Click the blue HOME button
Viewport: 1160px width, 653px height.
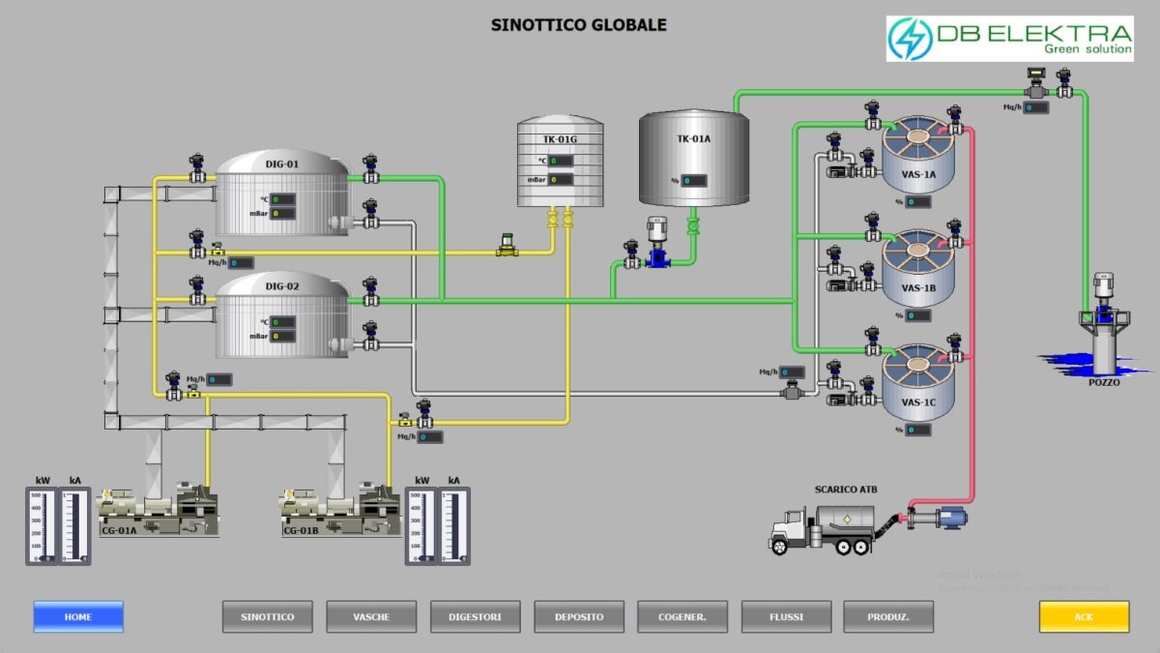coord(78,616)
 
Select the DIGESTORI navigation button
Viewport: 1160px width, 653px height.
coord(476,616)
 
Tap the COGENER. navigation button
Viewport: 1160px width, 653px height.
coord(682,616)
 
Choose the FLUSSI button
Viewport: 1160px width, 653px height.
coord(786,616)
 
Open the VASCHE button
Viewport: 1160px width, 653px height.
coord(371,616)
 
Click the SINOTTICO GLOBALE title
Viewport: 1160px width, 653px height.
coord(579,24)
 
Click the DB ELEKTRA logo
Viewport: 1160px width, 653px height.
coord(1009,39)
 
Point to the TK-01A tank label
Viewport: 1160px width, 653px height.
coord(693,138)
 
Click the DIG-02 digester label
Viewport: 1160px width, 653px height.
coord(282,287)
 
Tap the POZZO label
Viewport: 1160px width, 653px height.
coord(1103,382)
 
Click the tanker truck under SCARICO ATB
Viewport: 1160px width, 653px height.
coord(822,528)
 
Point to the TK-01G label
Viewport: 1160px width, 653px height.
coord(560,139)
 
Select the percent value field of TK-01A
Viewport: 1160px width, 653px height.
coord(694,181)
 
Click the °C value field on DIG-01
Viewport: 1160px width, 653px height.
coord(282,199)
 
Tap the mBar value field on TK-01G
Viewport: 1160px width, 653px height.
coord(561,179)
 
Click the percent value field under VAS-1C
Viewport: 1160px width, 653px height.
coord(918,430)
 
